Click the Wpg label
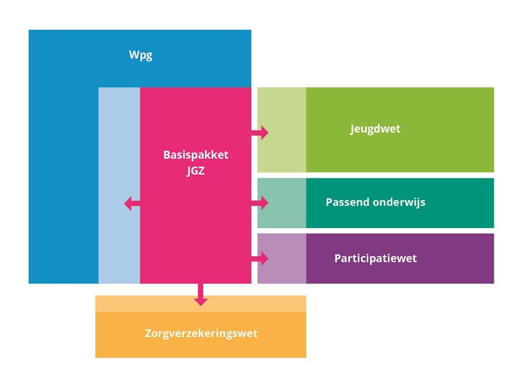pyautogui.click(x=141, y=55)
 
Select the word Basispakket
pyautogui.click(x=196, y=156)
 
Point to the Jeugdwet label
pyautogui.click(x=375, y=129)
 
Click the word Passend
pyautogui.click(x=346, y=202)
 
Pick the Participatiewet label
pyautogui.click(x=375, y=258)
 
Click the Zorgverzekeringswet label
pyautogui.click(x=201, y=333)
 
